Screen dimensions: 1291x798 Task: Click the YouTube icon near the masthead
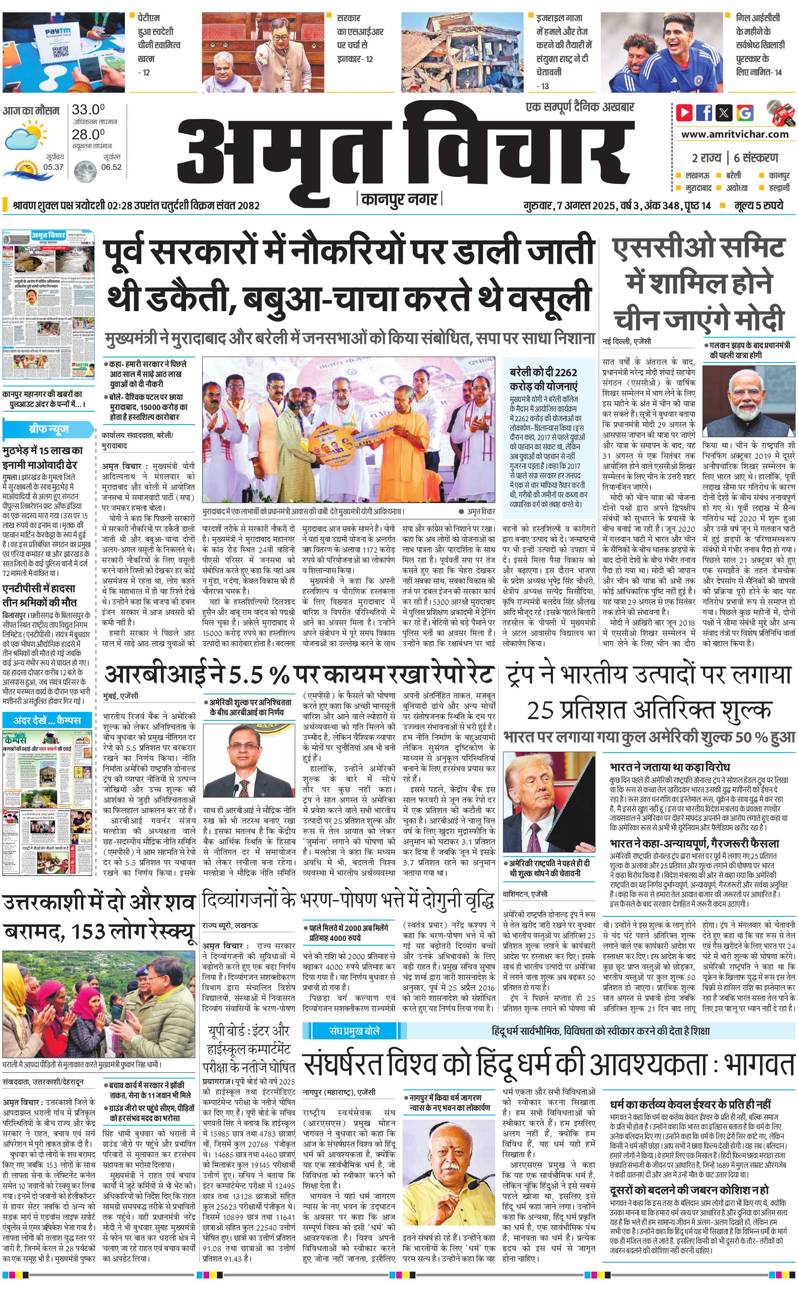(685, 113)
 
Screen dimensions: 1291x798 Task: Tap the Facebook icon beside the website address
(704, 113)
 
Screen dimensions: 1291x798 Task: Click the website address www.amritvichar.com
(735, 134)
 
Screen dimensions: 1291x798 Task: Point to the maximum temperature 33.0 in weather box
(88, 110)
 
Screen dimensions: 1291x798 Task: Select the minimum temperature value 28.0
(88, 134)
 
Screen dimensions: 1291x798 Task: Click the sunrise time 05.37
(53, 167)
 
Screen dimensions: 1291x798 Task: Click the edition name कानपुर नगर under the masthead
(399, 199)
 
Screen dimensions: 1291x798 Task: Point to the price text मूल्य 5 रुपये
(758, 205)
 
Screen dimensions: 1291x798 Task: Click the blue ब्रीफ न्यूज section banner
(48, 428)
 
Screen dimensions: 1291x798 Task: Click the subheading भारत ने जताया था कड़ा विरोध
(670, 767)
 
